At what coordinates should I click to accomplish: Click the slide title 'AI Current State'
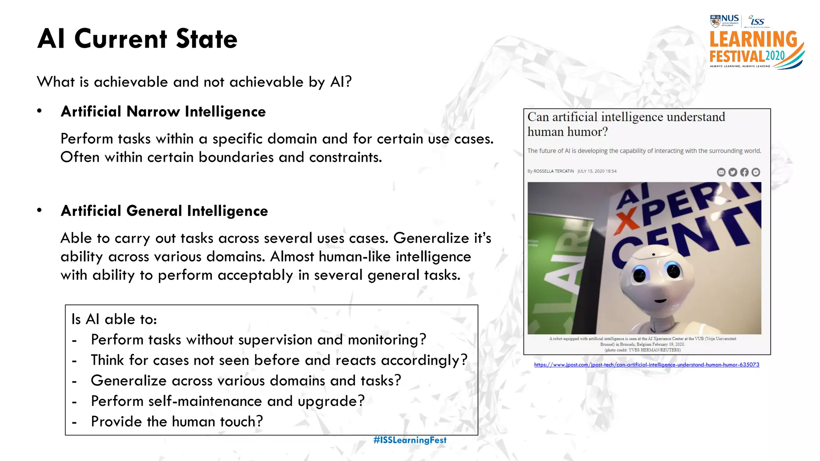[x=137, y=39]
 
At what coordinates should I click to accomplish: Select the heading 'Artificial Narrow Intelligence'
[x=163, y=112]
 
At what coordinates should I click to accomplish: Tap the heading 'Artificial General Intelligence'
[x=164, y=211]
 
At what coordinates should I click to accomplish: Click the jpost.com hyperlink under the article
[x=647, y=365]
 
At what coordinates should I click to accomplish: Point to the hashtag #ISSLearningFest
[x=410, y=440]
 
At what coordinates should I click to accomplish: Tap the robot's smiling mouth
[x=660, y=301]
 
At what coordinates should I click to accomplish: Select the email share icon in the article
[x=721, y=172]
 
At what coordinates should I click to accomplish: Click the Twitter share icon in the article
[x=733, y=172]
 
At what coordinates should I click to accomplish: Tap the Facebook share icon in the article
[x=744, y=172]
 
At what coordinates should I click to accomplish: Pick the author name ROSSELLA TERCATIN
[x=553, y=171]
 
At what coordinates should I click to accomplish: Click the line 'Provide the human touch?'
[x=177, y=422]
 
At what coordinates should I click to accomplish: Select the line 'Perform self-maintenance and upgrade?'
[x=227, y=401]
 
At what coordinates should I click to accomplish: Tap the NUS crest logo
[x=715, y=21]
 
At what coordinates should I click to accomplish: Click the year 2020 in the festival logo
[x=775, y=56]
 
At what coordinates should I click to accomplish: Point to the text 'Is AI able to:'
[x=114, y=319]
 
